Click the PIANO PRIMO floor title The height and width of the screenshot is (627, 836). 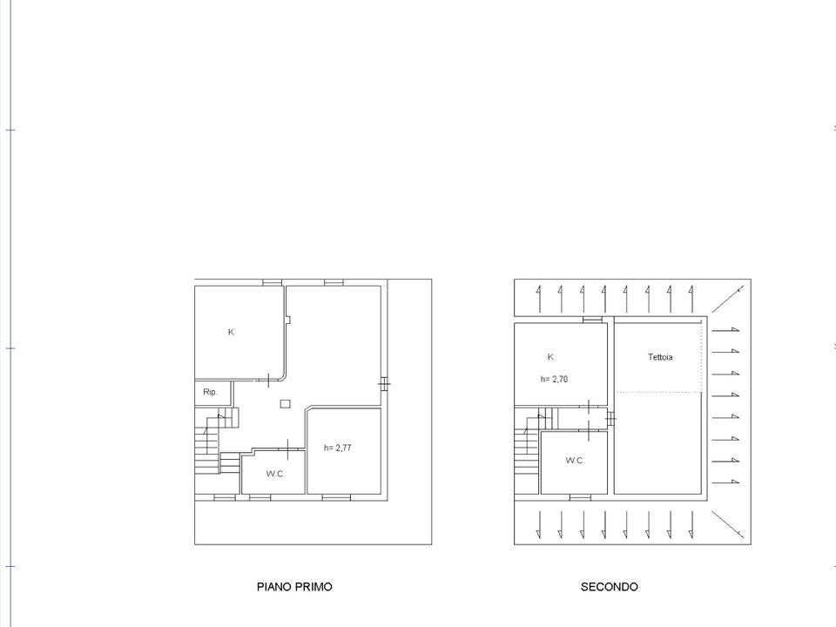click(x=294, y=586)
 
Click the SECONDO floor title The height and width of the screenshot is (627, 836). click(x=609, y=586)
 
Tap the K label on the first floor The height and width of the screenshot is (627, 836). click(x=231, y=332)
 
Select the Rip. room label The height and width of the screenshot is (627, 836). click(x=210, y=392)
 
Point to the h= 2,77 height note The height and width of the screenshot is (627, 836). click(x=338, y=448)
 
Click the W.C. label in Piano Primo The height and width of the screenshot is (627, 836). click(x=276, y=474)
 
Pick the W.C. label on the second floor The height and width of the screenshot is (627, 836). click(x=576, y=460)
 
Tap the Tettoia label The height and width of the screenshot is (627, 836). click(x=660, y=357)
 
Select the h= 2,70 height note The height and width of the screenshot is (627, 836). click(x=554, y=379)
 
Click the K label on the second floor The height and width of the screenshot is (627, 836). click(x=550, y=357)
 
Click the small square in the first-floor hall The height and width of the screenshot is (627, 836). click(x=286, y=403)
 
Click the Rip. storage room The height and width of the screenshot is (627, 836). click(x=212, y=393)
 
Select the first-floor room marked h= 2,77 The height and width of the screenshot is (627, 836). click(x=344, y=451)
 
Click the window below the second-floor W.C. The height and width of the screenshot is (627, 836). click(x=580, y=497)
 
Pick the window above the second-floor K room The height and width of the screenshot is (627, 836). click(x=592, y=320)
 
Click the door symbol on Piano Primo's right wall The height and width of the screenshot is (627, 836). click(x=384, y=383)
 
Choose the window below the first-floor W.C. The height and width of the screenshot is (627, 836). click(x=260, y=497)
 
